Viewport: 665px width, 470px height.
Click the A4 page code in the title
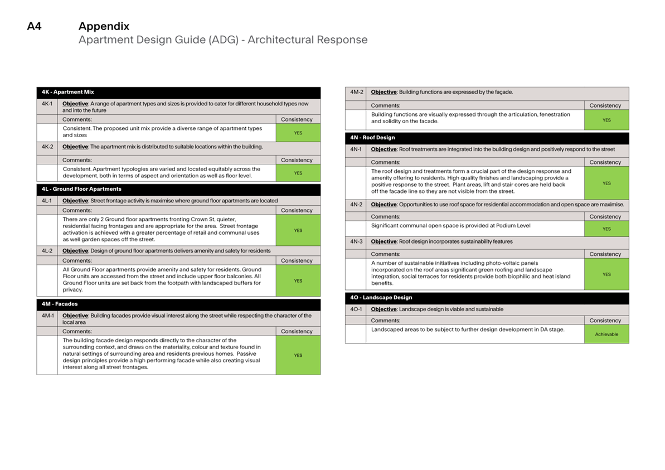pyautogui.click(x=34, y=26)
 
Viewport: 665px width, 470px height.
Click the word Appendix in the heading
pyautogui.click(x=104, y=26)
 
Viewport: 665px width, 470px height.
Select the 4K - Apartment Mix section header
pyautogui.click(x=67, y=92)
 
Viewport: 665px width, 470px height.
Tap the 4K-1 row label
pyautogui.click(x=47, y=104)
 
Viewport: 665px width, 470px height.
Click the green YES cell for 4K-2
pyautogui.click(x=298, y=173)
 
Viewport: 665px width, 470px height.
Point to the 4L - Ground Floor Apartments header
pyautogui.click(x=81, y=189)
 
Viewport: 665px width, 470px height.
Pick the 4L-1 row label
pyautogui.click(x=47, y=201)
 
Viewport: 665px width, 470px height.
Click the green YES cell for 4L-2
pyautogui.click(x=298, y=281)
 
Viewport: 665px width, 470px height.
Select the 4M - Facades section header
pyautogui.click(x=60, y=304)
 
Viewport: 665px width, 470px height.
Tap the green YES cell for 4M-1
pyautogui.click(x=298, y=355)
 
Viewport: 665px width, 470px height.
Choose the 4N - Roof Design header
pyautogui.click(x=372, y=137)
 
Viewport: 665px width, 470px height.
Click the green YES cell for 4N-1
pyautogui.click(x=606, y=183)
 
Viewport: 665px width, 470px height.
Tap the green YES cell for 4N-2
pyautogui.click(x=606, y=229)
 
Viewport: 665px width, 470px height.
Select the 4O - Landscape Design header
pyautogui.click(x=381, y=297)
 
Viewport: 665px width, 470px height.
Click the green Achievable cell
pyautogui.click(x=606, y=334)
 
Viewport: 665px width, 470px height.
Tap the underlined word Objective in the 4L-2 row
pyautogui.click(x=75, y=251)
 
